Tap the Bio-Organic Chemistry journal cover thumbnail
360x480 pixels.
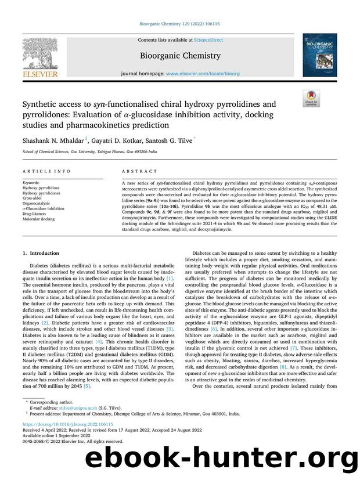319,55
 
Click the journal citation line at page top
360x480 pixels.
179,25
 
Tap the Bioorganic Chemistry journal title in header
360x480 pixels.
179,56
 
